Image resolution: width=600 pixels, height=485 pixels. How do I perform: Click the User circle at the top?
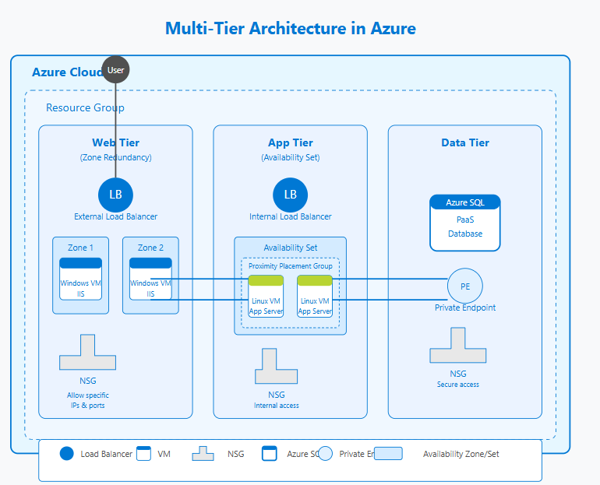[115, 70]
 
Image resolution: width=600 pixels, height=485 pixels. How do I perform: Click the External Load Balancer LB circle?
[115, 194]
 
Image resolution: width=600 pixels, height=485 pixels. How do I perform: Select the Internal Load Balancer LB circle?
[290, 194]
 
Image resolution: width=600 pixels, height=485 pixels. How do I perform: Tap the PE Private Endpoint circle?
[465, 286]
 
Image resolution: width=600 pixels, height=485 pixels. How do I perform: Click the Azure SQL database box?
[465, 223]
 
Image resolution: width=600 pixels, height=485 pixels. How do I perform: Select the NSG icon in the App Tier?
[276, 366]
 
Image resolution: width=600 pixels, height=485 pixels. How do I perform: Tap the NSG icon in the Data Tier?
[457, 346]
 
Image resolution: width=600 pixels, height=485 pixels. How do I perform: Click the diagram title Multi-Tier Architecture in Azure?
[290, 29]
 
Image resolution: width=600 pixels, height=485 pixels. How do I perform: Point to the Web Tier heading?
[115, 142]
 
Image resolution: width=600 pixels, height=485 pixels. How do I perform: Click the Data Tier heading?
[464, 142]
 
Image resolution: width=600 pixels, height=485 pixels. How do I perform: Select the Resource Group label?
[85, 107]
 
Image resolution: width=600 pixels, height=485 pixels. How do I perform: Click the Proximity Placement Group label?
[290, 266]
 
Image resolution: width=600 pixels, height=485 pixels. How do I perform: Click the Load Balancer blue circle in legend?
[66, 454]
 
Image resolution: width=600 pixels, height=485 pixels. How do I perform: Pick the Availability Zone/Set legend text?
[461, 454]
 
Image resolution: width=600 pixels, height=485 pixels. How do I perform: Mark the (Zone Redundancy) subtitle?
[115, 157]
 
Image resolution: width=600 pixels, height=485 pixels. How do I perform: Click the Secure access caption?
[457, 385]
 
